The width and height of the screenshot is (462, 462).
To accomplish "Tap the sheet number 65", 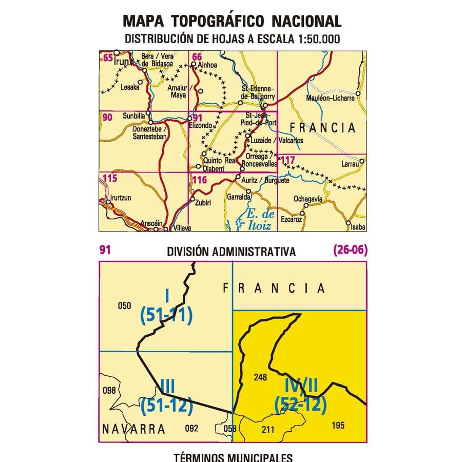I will pyautogui.click(x=107, y=57).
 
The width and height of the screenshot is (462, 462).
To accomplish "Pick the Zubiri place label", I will pyautogui.click(x=203, y=203).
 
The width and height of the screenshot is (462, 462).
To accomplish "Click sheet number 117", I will pyautogui.click(x=288, y=160).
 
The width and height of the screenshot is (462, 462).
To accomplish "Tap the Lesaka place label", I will pyautogui.click(x=129, y=87).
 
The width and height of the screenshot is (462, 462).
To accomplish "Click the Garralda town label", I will pyautogui.click(x=238, y=197).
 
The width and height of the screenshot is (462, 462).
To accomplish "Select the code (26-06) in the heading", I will pyautogui.click(x=350, y=251).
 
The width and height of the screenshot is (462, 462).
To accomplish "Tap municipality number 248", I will pyautogui.click(x=260, y=377).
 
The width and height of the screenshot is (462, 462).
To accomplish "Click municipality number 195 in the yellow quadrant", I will pyautogui.click(x=338, y=425).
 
